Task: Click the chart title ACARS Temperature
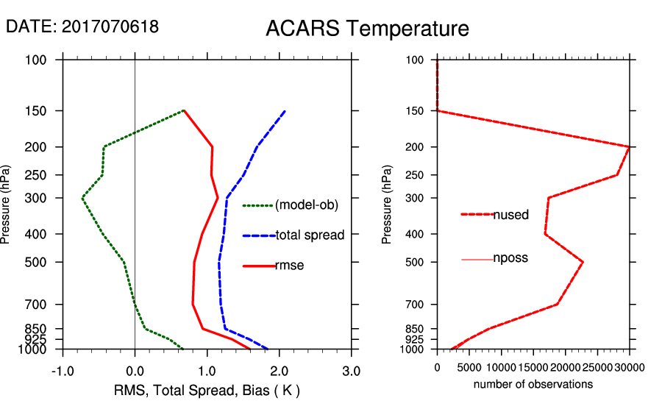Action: pyautogui.click(x=367, y=29)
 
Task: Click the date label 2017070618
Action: pyautogui.click(x=82, y=26)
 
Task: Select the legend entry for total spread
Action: pyautogui.click(x=309, y=235)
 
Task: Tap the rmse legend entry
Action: pyautogui.click(x=289, y=266)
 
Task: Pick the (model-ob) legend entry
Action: pyautogui.click(x=306, y=205)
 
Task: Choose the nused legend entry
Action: pyautogui.click(x=510, y=215)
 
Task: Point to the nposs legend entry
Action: pyautogui.click(x=510, y=258)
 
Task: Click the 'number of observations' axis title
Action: pyautogui.click(x=533, y=384)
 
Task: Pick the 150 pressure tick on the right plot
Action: pyautogui.click(x=416, y=111)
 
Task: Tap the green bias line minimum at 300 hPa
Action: pyautogui.click(x=83, y=198)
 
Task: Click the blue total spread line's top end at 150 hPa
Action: pyautogui.click(x=285, y=111)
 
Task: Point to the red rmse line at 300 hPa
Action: pyautogui.click(x=218, y=198)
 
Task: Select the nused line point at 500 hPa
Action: pyautogui.click(x=583, y=262)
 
